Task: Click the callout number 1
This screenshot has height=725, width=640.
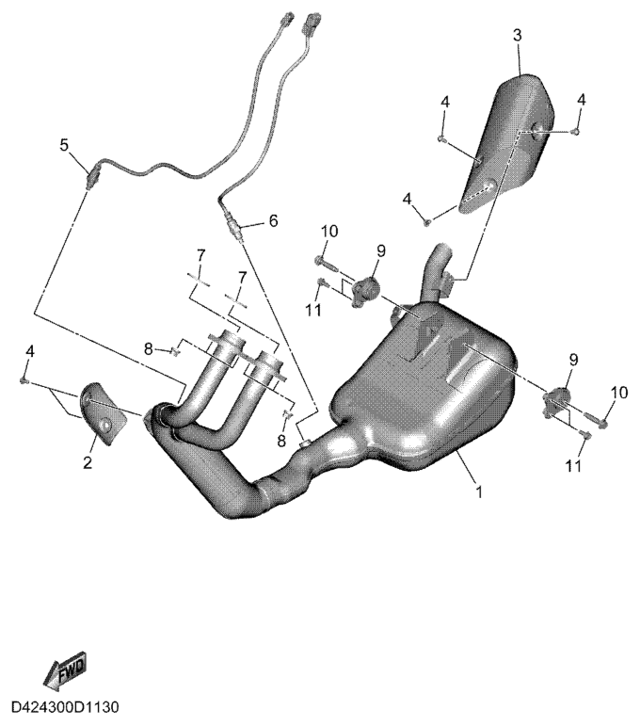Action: pyautogui.click(x=479, y=491)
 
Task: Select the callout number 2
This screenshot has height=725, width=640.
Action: pyautogui.click(x=88, y=462)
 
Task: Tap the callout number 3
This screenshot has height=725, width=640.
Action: pyautogui.click(x=518, y=35)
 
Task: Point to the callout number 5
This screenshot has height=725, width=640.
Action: pyautogui.click(x=64, y=145)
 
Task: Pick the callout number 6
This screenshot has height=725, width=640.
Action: pyautogui.click(x=273, y=220)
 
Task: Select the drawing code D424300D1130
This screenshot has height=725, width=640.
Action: pyautogui.click(x=65, y=707)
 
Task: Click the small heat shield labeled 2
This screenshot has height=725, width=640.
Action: pyautogui.click(x=103, y=412)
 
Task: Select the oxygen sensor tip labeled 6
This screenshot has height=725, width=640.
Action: pyautogui.click(x=233, y=227)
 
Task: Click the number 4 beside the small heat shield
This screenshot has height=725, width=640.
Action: pyautogui.click(x=29, y=351)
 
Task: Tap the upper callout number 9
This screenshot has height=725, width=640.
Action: pyautogui.click(x=381, y=251)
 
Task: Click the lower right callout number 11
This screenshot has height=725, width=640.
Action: pyautogui.click(x=573, y=466)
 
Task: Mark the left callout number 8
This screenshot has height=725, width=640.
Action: pyautogui.click(x=148, y=349)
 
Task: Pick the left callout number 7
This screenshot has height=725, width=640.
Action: pyautogui.click(x=200, y=256)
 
